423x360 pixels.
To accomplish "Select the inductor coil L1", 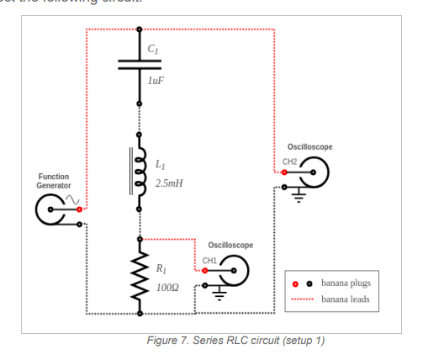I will (140, 171).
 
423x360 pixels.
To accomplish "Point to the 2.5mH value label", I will (169, 183).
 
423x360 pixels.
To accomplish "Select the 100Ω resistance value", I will (167, 287).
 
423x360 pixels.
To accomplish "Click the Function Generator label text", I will (54, 181).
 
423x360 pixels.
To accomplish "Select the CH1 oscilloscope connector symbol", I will (233, 271).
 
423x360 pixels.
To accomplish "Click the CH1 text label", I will (209, 259).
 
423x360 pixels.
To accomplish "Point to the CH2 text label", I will (289, 161).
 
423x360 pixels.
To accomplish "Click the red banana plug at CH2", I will (284, 172).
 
